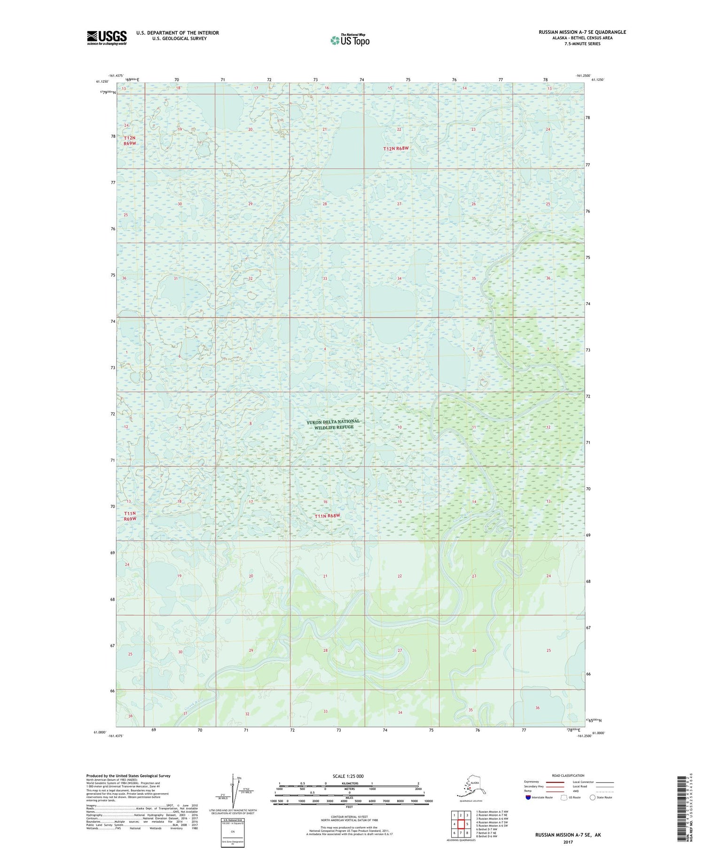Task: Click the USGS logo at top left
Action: pos(107,38)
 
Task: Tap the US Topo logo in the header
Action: pos(350,40)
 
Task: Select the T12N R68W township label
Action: pos(396,149)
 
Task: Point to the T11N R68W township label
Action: pos(327,516)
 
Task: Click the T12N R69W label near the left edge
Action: pos(130,141)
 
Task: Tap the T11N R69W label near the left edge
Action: pos(130,516)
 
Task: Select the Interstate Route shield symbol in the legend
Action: pos(528,797)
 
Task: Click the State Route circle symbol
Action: pos(592,797)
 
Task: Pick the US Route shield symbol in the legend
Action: pos(564,797)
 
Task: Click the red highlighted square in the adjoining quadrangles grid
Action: pos(461,824)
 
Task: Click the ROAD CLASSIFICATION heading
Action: pos(568,776)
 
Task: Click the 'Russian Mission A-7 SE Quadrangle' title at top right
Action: pos(582,32)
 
